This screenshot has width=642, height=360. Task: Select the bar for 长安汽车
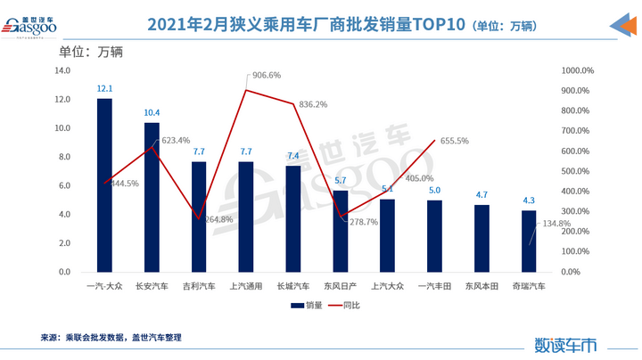click(x=152, y=197)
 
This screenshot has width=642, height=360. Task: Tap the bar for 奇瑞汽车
click(x=529, y=241)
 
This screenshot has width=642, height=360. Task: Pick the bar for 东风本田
click(x=481, y=238)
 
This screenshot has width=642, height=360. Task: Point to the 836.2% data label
click(x=313, y=104)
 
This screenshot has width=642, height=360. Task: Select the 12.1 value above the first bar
click(x=104, y=89)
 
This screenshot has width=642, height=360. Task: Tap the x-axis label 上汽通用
click(x=246, y=286)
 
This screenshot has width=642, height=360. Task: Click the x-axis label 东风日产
click(x=340, y=286)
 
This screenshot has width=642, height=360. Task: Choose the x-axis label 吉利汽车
click(x=199, y=286)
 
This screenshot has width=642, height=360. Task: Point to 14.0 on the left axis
click(x=62, y=71)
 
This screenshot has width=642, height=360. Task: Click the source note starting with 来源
click(x=111, y=338)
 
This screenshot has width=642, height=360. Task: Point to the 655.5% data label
click(x=455, y=141)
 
